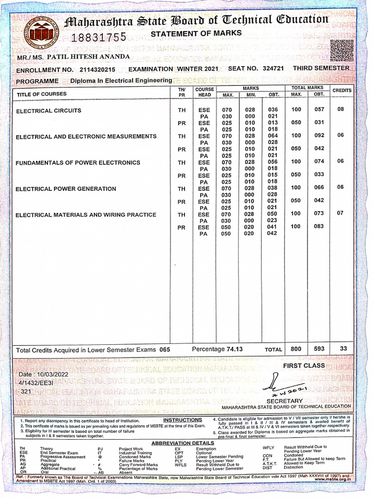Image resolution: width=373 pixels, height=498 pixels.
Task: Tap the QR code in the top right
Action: click(342, 51)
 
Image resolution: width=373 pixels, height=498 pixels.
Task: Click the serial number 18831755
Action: click(99, 37)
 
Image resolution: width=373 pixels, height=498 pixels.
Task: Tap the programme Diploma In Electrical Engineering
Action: click(121, 80)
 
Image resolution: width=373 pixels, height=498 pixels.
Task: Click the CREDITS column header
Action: click(342, 90)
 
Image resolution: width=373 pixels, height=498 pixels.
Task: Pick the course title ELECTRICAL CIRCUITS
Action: click(49, 111)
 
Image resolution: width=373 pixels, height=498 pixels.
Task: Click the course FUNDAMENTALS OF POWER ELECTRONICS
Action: click(78, 163)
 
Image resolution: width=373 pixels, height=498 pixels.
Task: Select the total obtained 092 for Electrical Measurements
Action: click(319, 136)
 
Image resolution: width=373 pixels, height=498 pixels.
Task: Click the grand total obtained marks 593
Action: click(319, 349)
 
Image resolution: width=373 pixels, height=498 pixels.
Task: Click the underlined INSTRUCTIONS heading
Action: click(183, 420)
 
